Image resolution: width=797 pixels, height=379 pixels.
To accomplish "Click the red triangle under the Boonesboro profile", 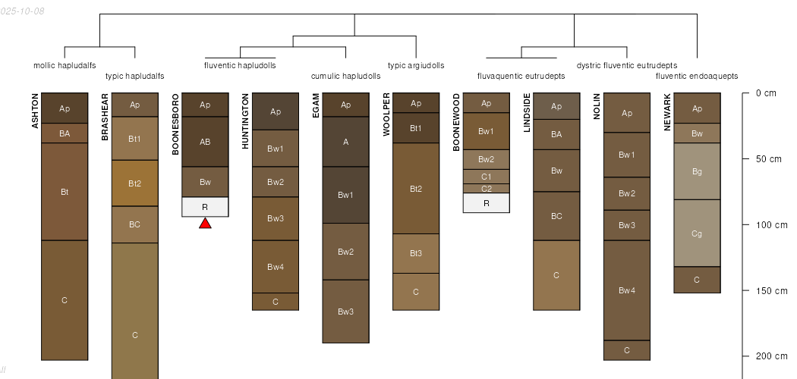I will click(205, 223).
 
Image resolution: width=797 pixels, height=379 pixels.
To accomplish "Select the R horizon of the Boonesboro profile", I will click(205, 206).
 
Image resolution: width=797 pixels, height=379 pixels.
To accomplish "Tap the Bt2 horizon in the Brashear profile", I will click(135, 183).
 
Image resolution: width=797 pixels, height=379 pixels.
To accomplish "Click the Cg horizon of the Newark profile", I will click(697, 233).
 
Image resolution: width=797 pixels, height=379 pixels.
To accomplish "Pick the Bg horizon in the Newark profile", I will click(697, 171).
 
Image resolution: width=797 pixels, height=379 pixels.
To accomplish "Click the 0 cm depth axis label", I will click(766, 93).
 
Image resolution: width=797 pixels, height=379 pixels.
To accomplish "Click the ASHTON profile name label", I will click(36, 111).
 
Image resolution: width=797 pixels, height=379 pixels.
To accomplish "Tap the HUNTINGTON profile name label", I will click(245, 121).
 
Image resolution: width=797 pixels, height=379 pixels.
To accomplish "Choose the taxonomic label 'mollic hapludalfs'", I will click(65, 65).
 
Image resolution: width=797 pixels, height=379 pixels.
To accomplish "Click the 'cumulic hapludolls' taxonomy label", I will click(345, 76).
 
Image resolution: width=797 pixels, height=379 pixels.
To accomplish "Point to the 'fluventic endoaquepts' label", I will click(697, 76).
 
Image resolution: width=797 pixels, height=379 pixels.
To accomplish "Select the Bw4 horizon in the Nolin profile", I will click(627, 290).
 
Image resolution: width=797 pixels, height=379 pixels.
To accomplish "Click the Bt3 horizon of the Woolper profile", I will click(416, 253).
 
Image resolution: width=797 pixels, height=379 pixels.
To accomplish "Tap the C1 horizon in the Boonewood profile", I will click(486, 176).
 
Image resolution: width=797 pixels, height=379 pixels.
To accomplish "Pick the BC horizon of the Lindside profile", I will click(556, 216).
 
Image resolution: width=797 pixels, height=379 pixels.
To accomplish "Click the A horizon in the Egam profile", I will click(345, 142).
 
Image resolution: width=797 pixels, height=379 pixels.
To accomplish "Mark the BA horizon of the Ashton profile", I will click(65, 133).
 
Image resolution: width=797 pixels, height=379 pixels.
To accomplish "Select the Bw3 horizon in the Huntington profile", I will click(276, 218).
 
